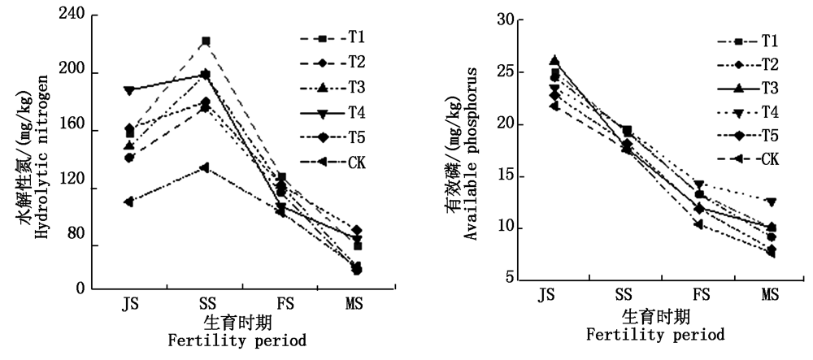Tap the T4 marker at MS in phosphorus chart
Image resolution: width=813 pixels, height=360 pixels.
point(770,202)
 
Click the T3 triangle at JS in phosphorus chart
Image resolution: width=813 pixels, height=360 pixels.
point(554,60)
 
